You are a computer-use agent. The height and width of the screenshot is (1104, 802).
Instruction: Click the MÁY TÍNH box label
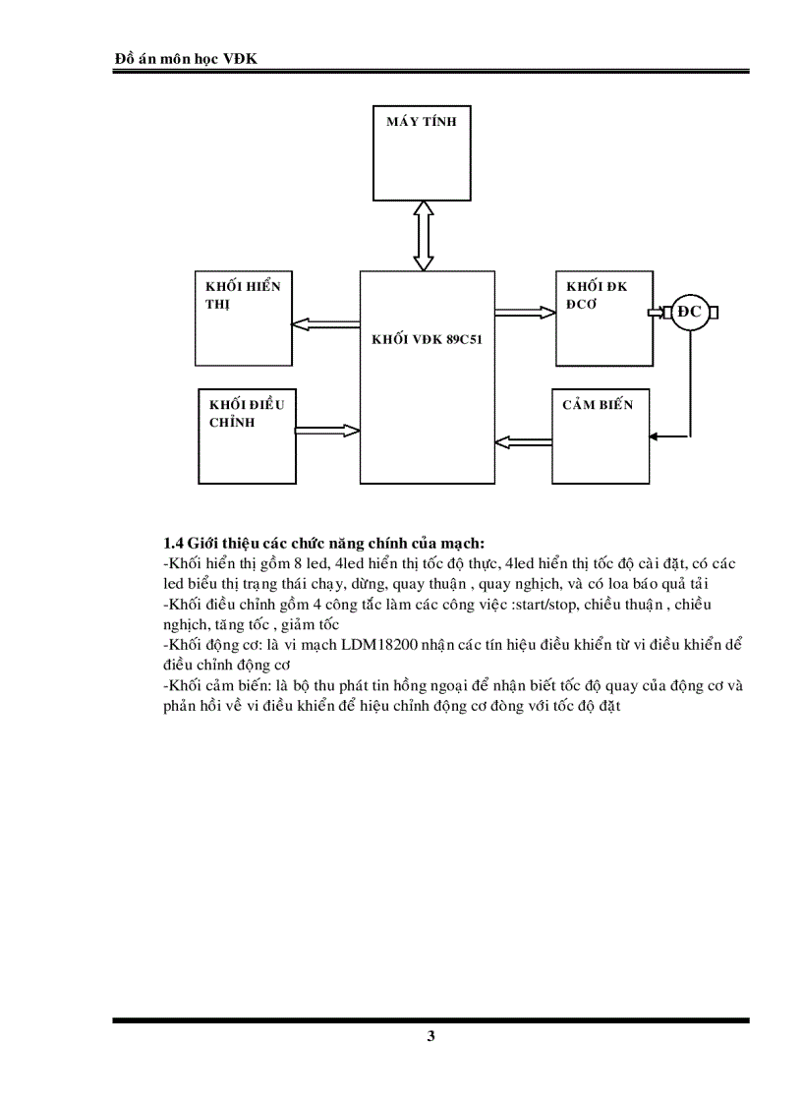(421, 123)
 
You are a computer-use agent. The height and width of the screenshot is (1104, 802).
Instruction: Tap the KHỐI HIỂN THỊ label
(243, 295)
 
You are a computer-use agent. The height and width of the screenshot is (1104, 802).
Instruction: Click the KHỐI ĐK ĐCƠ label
(596, 295)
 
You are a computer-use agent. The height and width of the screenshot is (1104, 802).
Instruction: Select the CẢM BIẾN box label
(598, 405)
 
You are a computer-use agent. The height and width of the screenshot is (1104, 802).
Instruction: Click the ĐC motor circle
(691, 313)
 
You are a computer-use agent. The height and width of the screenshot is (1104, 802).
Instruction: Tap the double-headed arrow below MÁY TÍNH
(423, 235)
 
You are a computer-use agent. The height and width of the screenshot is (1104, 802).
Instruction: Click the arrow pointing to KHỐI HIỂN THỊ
(326, 321)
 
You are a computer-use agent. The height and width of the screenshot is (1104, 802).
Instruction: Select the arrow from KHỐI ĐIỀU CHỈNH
(327, 429)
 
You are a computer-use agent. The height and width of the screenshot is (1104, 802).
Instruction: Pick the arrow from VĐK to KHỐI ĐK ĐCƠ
(525, 313)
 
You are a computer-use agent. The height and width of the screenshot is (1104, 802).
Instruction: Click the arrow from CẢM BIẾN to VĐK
(523, 440)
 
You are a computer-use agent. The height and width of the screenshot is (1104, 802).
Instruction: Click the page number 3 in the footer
(430, 1037)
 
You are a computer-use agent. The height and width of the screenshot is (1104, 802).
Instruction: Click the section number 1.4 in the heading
(173, 544)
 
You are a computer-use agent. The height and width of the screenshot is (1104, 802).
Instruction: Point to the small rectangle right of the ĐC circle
(715, 313)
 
